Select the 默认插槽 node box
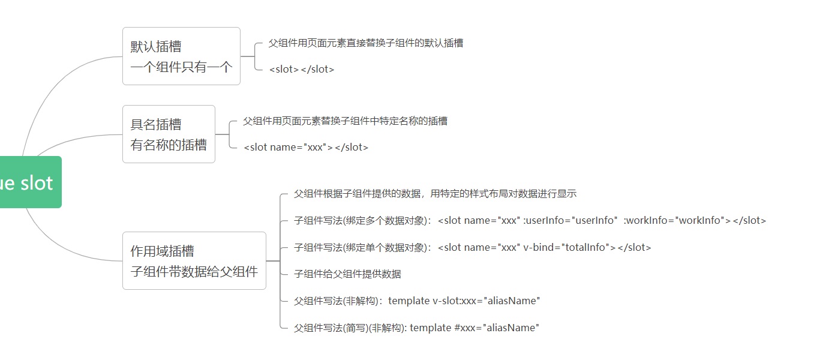(181, 56)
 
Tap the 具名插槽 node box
(169, 134)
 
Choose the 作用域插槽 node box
(194, 260)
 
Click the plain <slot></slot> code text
(301, 69)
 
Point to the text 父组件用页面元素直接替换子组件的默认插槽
(365, 43)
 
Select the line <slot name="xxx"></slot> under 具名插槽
(306, 147)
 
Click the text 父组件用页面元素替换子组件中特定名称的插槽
(345, 121)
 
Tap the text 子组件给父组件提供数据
(347, 274)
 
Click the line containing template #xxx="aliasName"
(416, 328)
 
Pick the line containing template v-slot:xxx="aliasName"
(417, 301)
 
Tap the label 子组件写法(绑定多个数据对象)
(361, 220)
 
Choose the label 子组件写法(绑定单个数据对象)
(361, 247)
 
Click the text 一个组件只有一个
(181, 67)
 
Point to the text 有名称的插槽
(169, 145)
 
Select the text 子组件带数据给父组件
(194, 271)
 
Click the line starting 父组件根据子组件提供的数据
(435, 193)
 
